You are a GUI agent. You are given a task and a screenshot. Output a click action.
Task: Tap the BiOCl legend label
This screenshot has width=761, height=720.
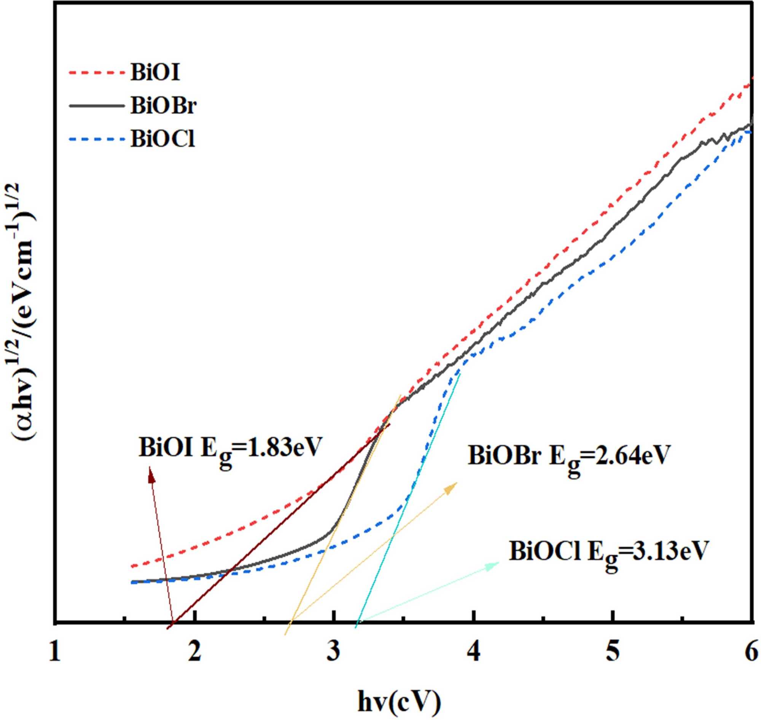162,139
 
